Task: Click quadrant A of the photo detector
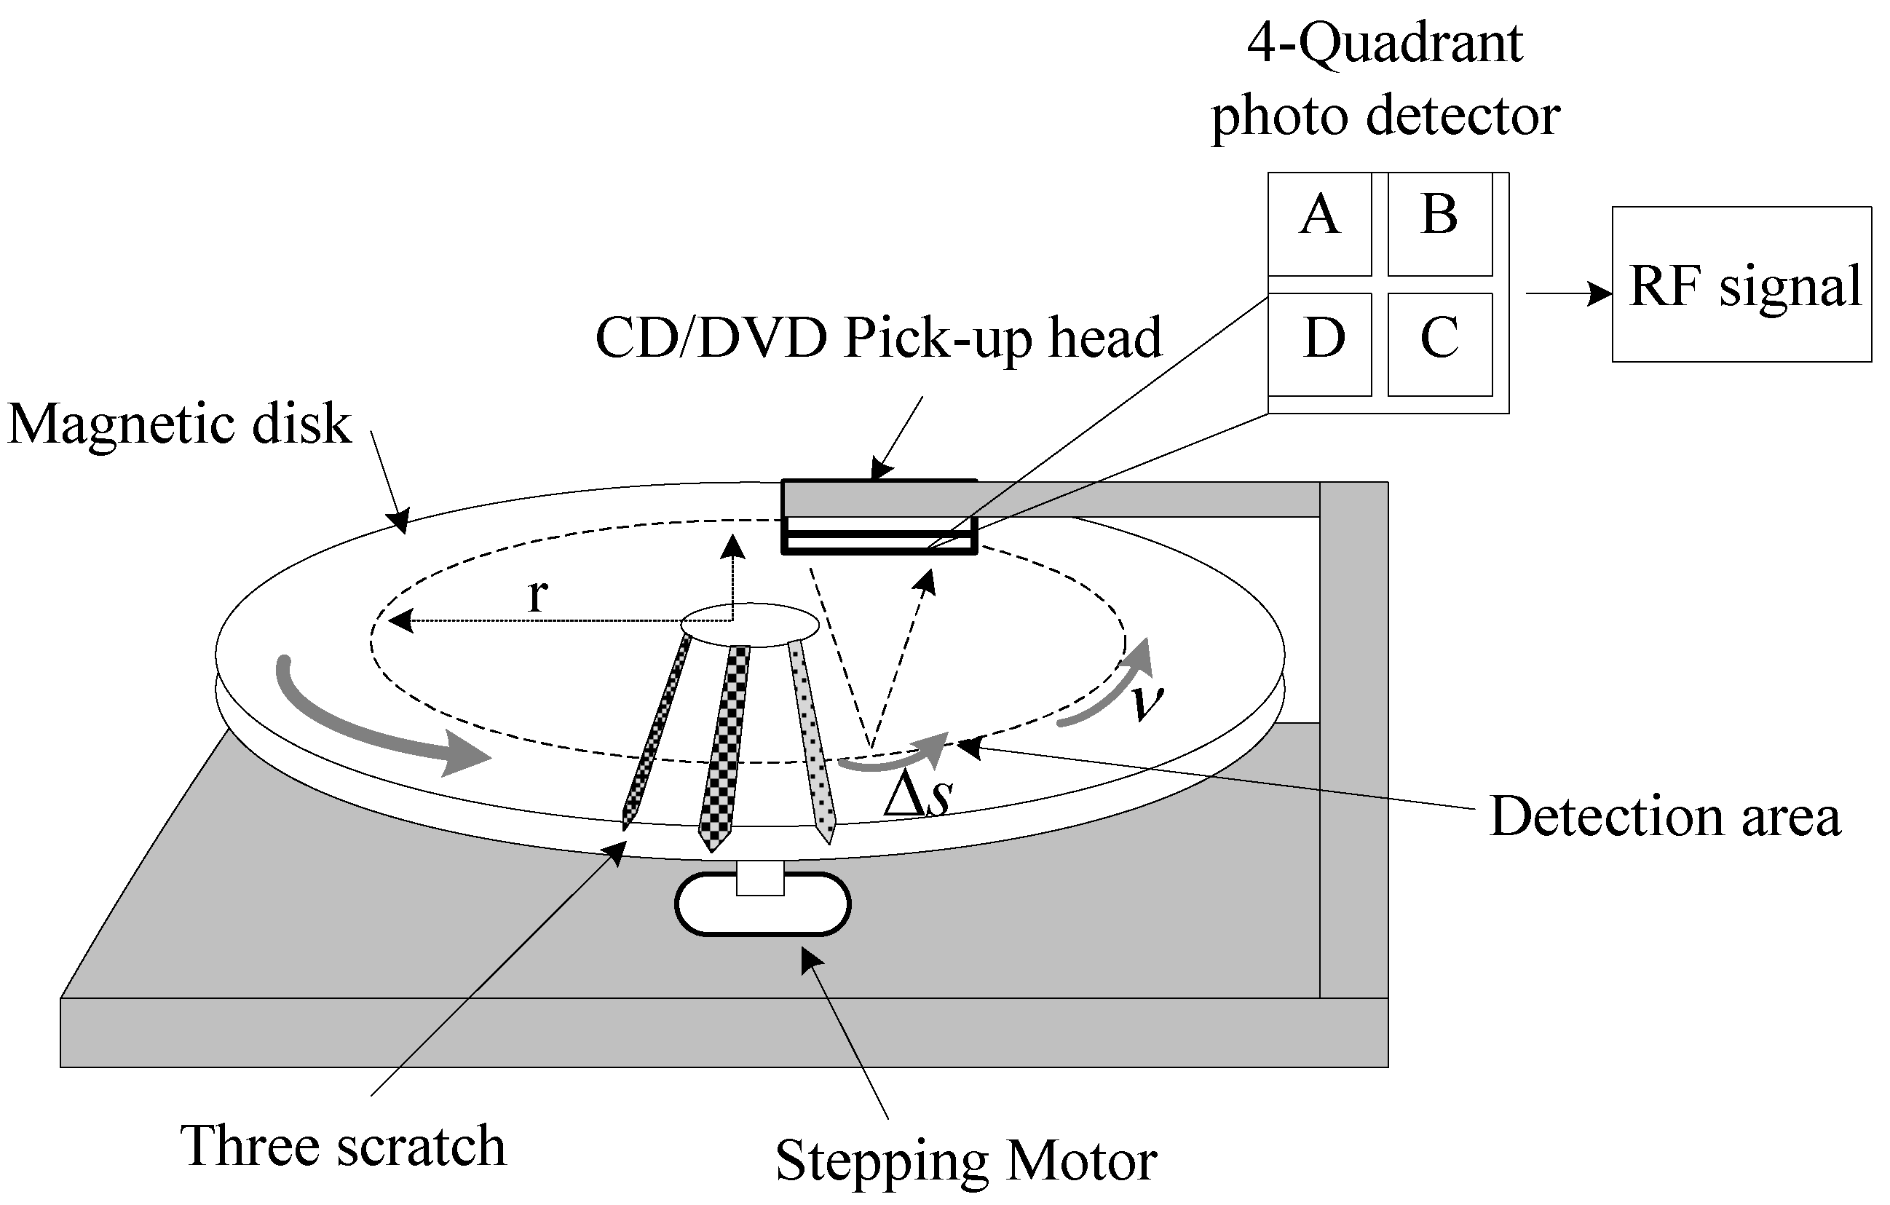click(x=1319, y=224)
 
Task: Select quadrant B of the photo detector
click(x=1439, y=224)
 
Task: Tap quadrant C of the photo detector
click(x=1439, y=344)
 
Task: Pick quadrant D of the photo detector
click(x=1319, y=344)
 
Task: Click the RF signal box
click(x=1741, y=284)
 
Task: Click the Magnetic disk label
click(x=180, y=424)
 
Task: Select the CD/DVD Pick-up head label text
click(x=878, y=339)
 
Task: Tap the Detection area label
click(x=1665, y=817)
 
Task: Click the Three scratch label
click(x=343, y=1145)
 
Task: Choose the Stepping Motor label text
click(x=965, y=1161)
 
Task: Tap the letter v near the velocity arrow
click(x=1147, y=701)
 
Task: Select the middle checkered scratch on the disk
click(x=727, y=746)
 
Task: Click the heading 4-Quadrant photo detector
click(x=1385, y=79)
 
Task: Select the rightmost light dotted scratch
click(x=813, y=738)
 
